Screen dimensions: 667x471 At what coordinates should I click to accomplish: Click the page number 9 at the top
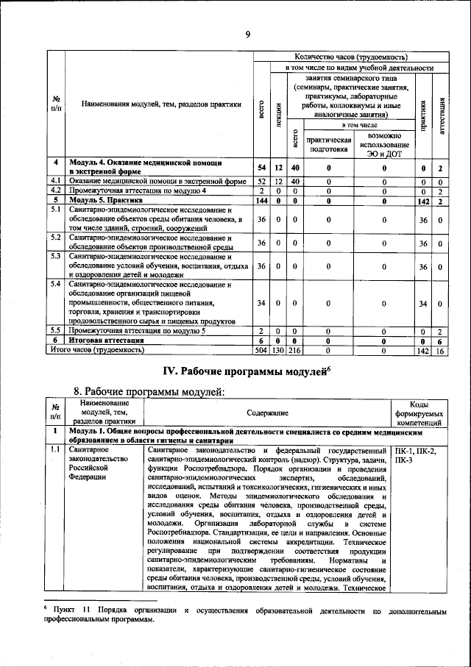coord(247,33)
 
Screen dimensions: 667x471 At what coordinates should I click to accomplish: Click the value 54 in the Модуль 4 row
coord(261,168)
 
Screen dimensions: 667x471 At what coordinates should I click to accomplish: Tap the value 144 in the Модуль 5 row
coord(261,200)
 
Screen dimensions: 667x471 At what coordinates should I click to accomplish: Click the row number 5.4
coord(55,285)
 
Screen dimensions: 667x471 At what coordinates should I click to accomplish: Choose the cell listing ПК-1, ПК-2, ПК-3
coord(415,454)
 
